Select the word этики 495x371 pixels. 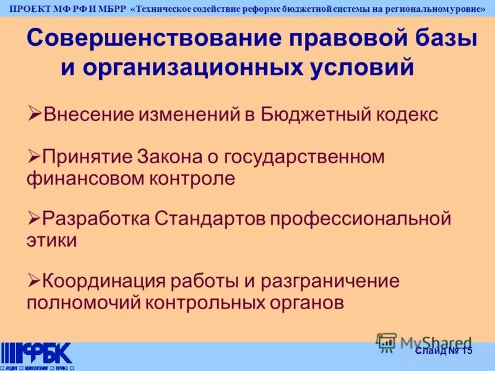point(52,241)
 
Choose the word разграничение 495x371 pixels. point(330,281)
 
